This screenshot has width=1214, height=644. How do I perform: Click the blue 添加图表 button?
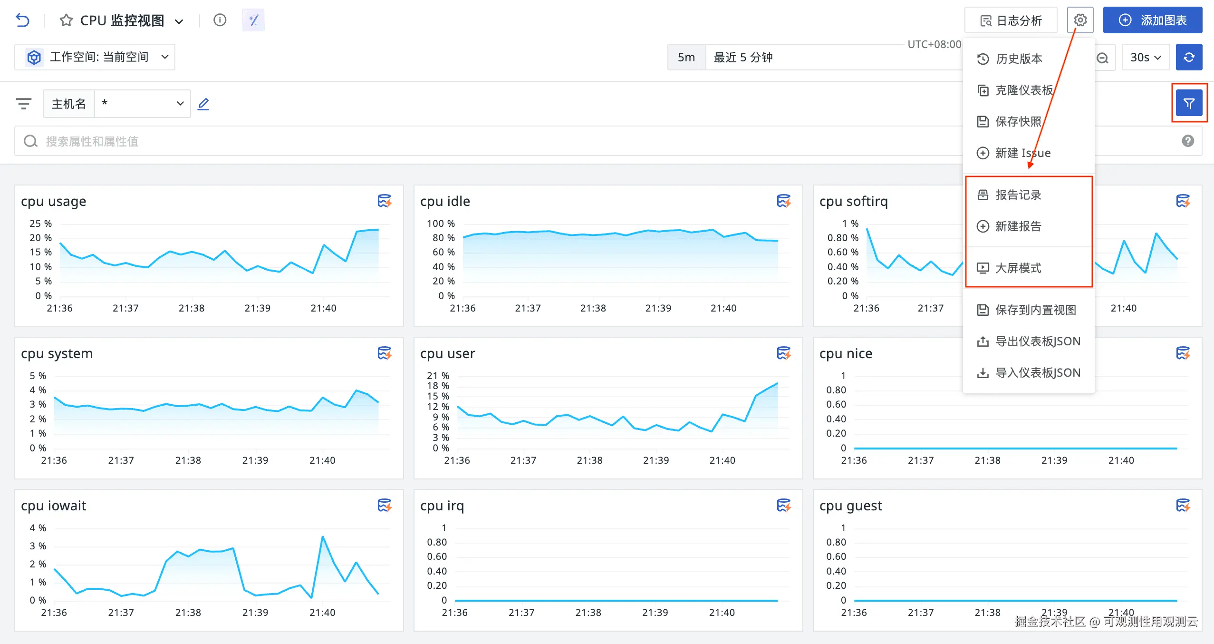1152,20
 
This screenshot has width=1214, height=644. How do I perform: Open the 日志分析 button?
1011,20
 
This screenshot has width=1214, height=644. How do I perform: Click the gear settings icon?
1080,20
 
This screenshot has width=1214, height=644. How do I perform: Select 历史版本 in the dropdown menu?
1018,59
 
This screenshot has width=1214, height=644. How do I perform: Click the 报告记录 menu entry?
1018,195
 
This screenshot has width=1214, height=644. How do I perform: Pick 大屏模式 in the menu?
1018,268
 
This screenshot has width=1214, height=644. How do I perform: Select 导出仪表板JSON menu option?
1037,341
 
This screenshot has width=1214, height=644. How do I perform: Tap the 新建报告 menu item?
1018,226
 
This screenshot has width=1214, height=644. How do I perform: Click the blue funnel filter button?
1189,103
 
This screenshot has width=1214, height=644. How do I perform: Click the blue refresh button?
1189,57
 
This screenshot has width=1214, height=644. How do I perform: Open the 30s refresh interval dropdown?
1145,57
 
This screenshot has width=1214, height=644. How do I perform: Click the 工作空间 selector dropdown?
95,57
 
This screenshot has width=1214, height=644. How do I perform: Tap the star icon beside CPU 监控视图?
66,20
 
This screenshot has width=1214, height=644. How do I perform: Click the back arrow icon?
22,20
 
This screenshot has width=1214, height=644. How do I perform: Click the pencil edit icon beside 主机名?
203,103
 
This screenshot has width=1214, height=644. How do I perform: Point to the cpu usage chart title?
54,201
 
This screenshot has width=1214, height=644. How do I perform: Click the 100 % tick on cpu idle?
441,224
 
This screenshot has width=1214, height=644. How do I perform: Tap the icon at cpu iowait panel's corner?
384,505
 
